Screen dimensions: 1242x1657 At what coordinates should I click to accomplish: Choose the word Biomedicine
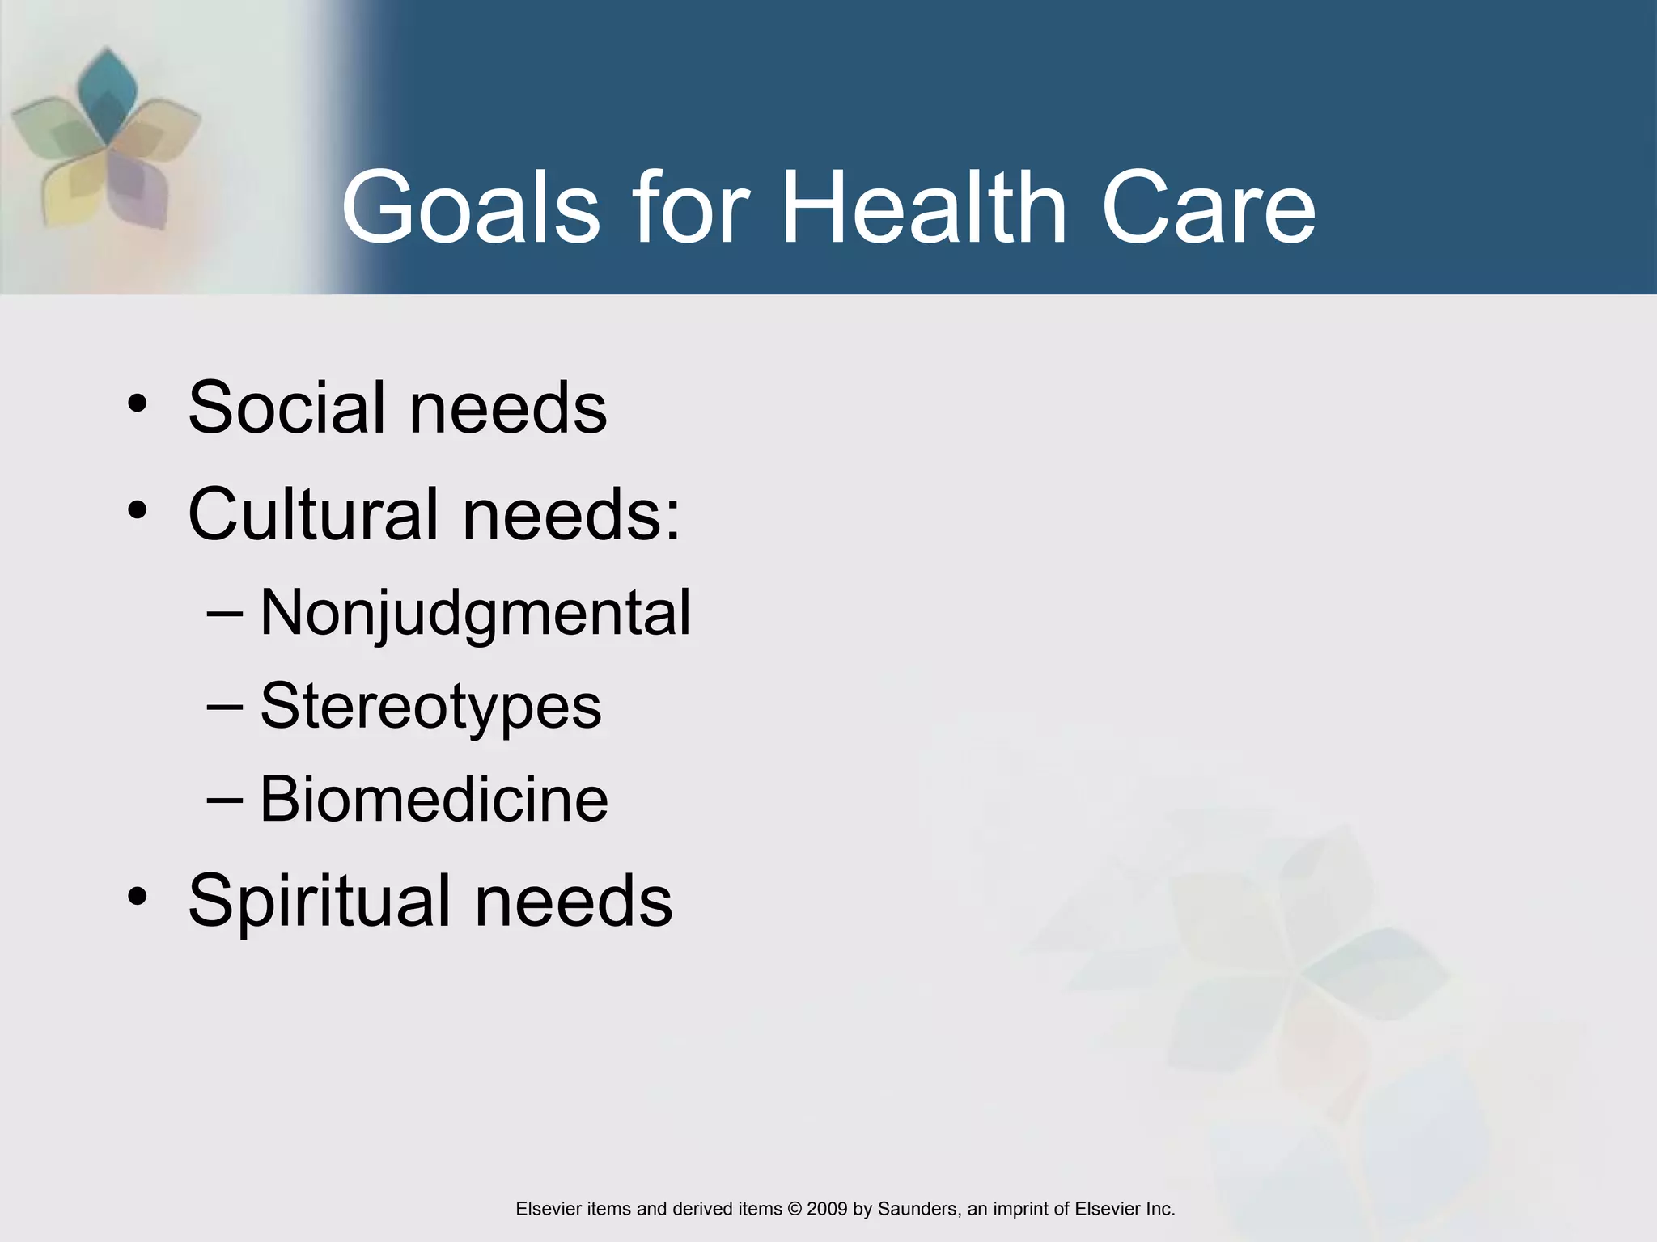pyautogui.click(x=434, y=799)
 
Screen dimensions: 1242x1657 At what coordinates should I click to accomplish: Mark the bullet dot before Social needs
pyautogui.click(x=138, y=403)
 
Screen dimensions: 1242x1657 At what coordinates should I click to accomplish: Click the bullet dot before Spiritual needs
pyautogui.click(x=138, y=896)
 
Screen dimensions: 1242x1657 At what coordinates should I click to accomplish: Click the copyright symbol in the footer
pyautogui.click(x=794, y=1209)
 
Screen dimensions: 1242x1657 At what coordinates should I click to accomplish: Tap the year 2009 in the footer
pyautogui.click(x=827, y=1209)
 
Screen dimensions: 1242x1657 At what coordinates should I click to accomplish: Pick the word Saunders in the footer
pyautogui.click(x=917, y=1209)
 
